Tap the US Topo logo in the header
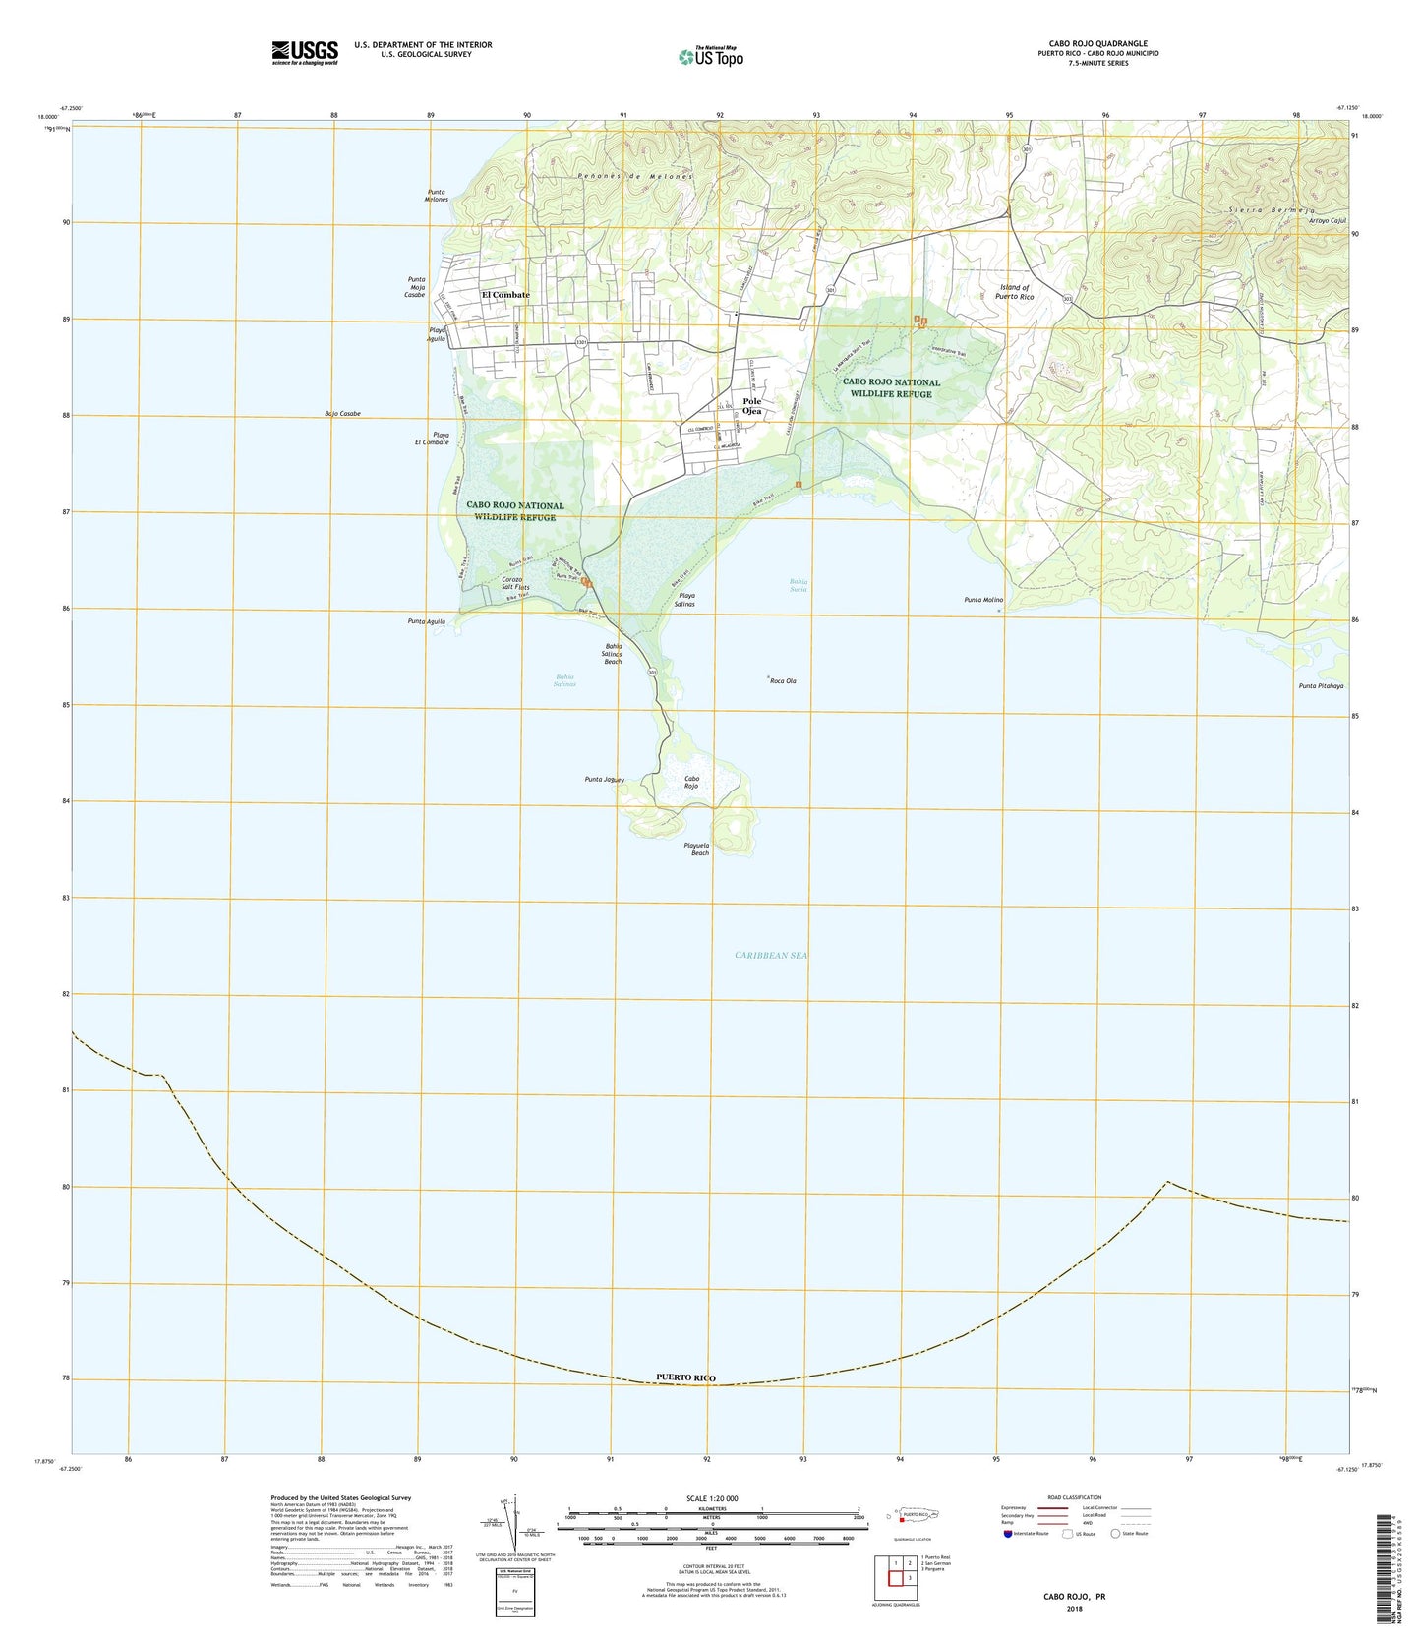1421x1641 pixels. [711, 57]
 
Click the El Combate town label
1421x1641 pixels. [505, 295]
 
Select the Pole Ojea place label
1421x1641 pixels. [752, 407]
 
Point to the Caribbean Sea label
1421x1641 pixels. [771, 955]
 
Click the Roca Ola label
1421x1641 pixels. [783, 681]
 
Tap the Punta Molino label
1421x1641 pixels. [983, 600]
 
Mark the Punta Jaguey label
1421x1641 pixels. [605, 780]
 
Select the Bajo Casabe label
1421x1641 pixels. [341, 414]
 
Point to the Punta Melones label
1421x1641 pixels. [438, 196]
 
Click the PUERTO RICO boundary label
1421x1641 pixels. [685, 1377]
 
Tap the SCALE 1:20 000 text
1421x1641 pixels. [698, 1498]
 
